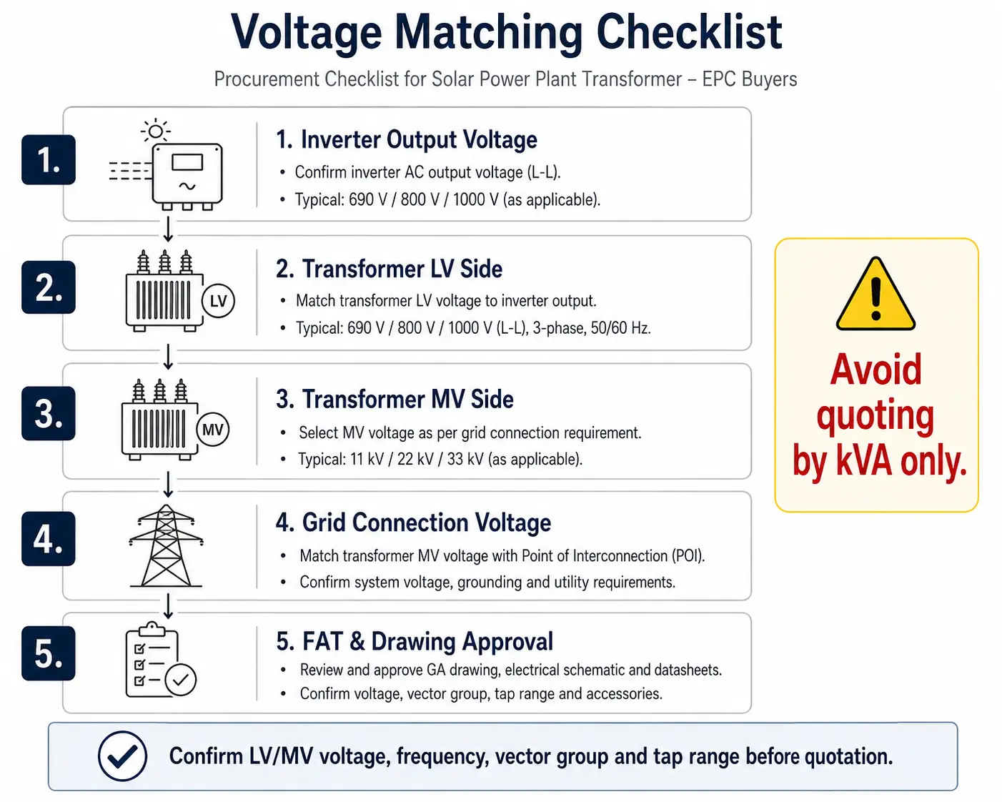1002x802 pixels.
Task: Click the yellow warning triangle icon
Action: pos(875,294)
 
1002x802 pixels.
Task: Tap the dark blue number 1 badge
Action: pos(49,159)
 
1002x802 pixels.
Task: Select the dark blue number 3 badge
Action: pos(49,414)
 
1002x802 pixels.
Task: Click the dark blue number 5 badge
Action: pos(49,653)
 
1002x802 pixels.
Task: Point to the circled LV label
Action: pos(218,301)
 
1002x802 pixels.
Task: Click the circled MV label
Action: pos(213,430)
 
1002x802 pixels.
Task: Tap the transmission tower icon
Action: pos(167,546)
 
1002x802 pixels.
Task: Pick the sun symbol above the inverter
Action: pos(156,131)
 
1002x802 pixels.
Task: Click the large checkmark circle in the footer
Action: pos(122,756)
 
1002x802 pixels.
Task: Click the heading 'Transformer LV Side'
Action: pos(402,269)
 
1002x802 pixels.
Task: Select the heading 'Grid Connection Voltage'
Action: pos(427,523)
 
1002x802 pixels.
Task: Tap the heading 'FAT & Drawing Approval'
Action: pos(428,641)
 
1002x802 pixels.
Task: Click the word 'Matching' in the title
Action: pos(488,33)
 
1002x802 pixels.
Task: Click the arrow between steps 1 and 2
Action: pos(168,229)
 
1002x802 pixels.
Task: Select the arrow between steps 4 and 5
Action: pos(168,606)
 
